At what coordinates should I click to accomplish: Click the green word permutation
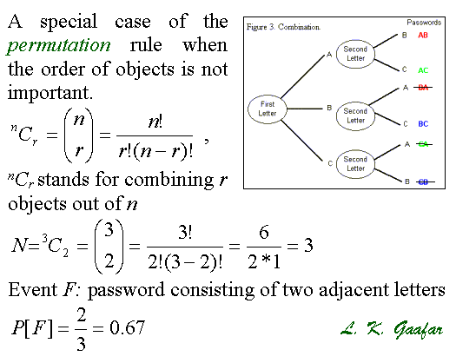point(58,46)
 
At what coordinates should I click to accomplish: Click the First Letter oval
point(268,109)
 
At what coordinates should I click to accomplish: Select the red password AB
point(423,36)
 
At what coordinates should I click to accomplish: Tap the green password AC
point(423,70)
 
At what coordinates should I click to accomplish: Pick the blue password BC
point(423,124)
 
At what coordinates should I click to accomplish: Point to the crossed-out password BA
point(423,87)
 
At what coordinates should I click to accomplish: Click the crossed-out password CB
point(424,181)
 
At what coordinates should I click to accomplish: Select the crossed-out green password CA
point(423,144)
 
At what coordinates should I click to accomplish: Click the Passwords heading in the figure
point(424,23)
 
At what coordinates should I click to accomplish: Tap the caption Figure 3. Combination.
point(283,27)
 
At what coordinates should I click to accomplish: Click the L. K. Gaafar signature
point(392,329)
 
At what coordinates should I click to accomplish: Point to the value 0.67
point(128,327)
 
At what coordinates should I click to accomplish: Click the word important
point(50,93)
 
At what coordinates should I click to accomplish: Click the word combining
point(169,180)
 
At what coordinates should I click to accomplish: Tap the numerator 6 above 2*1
point(264,233)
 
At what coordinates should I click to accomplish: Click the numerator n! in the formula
point(155,122)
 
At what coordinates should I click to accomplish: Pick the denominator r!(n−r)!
point(155,151)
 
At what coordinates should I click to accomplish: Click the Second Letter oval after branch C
point(355,164)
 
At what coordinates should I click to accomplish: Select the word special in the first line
point(69,22)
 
